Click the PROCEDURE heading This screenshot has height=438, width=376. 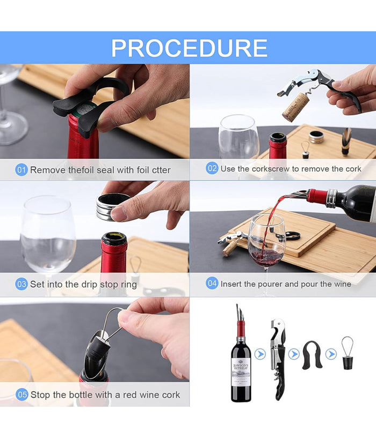click(189, 48)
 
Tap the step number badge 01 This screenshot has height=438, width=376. click(21, 170)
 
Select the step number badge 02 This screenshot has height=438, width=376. click(212, 168)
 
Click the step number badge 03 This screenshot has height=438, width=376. click(21, 284)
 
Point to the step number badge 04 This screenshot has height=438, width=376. click(212, 283)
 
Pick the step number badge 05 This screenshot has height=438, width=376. click(21, 395)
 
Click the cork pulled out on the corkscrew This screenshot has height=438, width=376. click(295, 106)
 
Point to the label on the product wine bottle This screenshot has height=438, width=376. click(241, 370)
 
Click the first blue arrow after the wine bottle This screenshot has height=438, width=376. click(260, 354)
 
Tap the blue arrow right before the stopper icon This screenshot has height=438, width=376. click(331, 354)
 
